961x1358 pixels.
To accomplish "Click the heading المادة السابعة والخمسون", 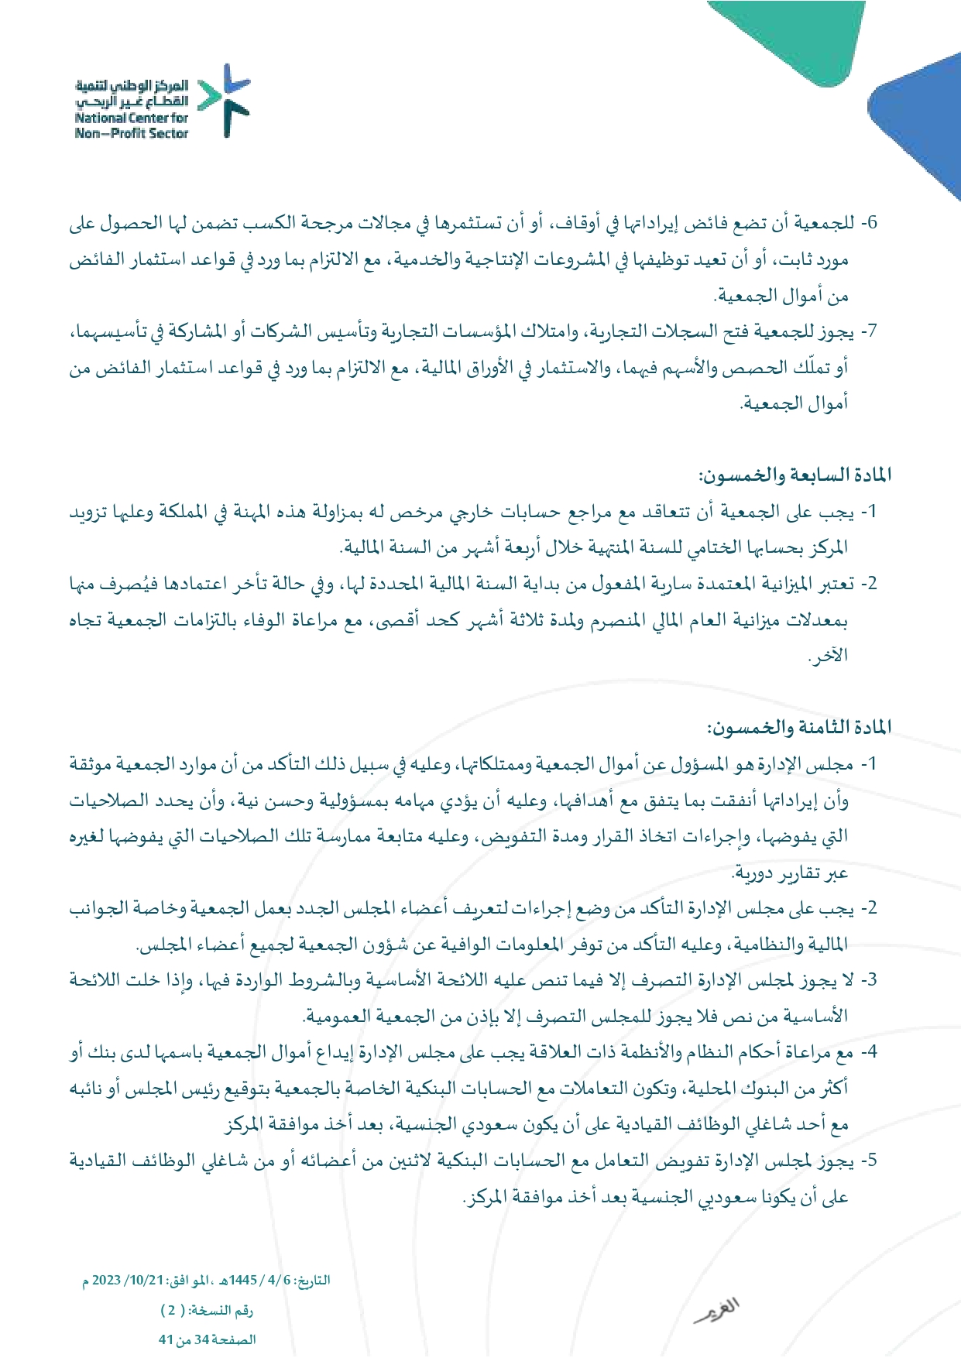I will click(x=795, y=475).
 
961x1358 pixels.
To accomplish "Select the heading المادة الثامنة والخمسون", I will click(x=798, y=727).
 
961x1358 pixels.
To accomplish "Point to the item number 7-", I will click(x=870, y=332).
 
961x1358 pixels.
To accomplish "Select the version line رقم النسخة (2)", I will click(x=207, y=1310).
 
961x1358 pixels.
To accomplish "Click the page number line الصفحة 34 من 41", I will click(x=207, y=1339).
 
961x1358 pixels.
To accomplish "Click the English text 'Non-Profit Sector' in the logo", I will click(x=132, y=133).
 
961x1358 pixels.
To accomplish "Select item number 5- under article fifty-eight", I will click(x=870, y=1161).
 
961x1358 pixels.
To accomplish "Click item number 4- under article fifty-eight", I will click(x=870, y=1052).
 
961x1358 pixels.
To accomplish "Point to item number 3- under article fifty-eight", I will click(x=870, y=980).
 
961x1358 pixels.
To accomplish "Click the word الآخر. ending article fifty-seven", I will click(x=828, y=656).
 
